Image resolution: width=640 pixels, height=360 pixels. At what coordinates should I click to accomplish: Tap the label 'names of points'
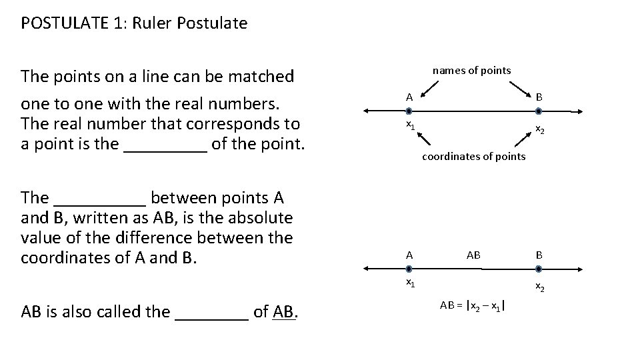471,70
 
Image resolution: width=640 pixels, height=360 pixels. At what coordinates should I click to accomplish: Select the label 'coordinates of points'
474,157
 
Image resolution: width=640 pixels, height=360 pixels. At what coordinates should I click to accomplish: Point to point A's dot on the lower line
409,268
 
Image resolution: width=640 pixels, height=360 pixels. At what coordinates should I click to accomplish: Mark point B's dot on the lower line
539,268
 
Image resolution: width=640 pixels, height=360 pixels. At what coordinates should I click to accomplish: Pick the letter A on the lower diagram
409,255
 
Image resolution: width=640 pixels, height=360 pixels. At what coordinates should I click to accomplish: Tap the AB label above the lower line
473,255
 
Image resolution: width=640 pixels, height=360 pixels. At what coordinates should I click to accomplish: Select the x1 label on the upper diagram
411,126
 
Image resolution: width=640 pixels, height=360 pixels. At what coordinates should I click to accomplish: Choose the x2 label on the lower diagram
539,288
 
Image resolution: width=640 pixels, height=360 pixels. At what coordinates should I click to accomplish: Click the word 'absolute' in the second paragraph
264,217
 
